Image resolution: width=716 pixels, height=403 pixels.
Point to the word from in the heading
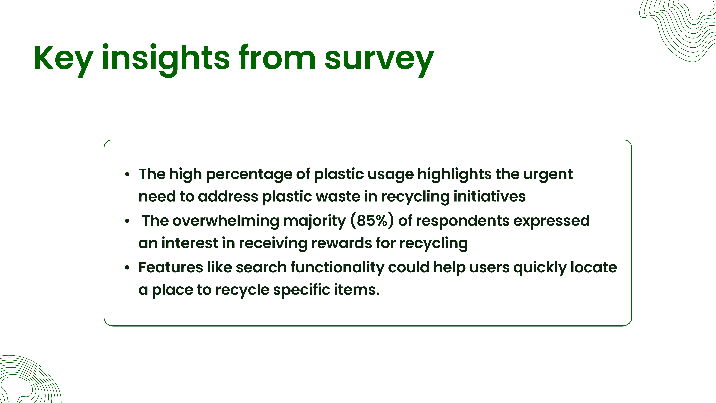pos(277,57)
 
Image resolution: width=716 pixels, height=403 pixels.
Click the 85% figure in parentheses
pos(372,221)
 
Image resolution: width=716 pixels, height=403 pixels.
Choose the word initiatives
pos(489,196)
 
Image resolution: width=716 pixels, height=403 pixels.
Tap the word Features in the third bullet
pos(171,268)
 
